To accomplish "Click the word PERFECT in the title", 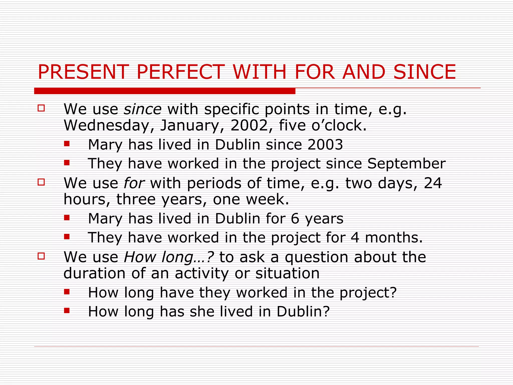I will (x=180, y=72).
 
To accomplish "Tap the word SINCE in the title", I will (x=425, y=72).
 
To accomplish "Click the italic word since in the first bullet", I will (x=143, y=109).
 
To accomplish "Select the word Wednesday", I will (x=106, y=125).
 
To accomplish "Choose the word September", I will (x=406, y=164).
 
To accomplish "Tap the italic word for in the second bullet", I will (x=134, y=183).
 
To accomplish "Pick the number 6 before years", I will (x=295, y=219).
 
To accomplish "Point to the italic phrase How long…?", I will (x=169, y=257).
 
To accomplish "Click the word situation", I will (x=287, y=273).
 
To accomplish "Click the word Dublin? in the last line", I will (x=303, y=312).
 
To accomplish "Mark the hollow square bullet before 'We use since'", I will (x=41, y=108).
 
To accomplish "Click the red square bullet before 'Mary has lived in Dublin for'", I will (x=67, y=218).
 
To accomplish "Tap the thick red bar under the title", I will (x=165, y=91).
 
